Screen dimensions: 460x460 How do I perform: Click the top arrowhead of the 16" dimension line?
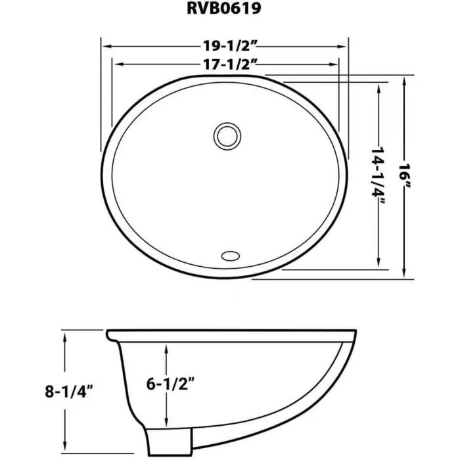tap(404, 81)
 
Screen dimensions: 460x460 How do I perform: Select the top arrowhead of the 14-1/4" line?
tap(379, 89)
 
